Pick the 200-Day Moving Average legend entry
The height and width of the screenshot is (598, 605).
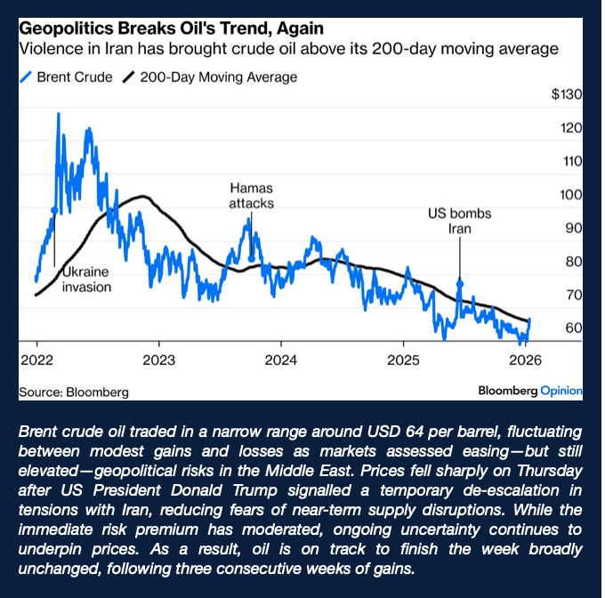click(209, 77)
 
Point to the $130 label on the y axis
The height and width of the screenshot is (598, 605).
click(566, 95)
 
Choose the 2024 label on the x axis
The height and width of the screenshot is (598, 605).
click(280, 362)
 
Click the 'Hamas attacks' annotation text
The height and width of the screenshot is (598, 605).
click(251, 196)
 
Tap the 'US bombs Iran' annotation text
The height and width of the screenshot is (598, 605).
click(459, 221)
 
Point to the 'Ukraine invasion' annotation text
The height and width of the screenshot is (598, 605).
click(86, 279)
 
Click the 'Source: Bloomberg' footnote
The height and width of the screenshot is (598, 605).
click(74, 391)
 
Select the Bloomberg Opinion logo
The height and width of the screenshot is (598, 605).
click(529, 390)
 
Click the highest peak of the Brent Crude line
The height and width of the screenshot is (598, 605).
click(59, 114)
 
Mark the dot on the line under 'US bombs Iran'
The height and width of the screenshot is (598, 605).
click(460, 282)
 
